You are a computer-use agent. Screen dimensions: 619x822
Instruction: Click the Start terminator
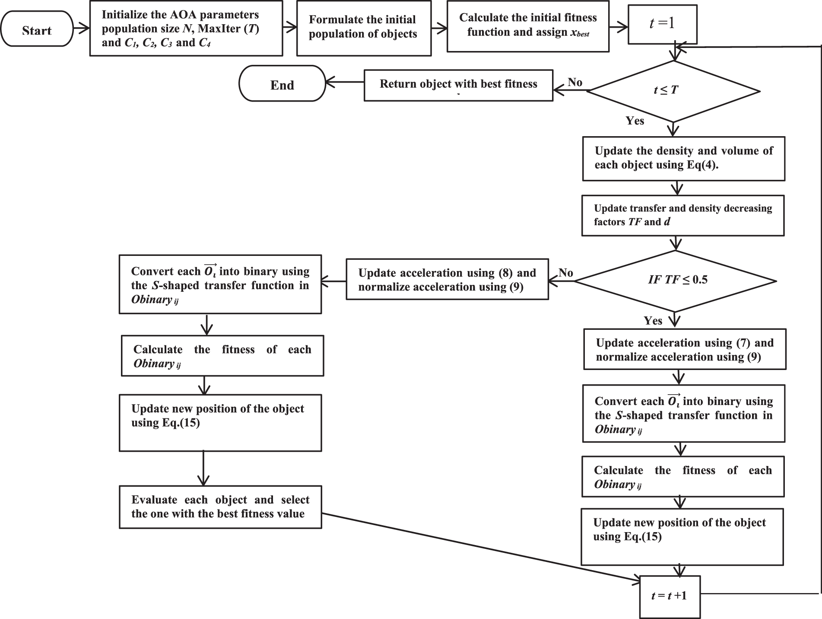coord(37,29)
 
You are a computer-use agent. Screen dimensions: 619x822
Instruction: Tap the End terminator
coord(282,84)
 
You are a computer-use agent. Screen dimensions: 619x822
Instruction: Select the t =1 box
coord(662,24)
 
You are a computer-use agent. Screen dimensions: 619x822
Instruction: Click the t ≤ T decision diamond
coord(673,91)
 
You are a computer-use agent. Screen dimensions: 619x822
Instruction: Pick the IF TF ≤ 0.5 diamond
coord(676,281)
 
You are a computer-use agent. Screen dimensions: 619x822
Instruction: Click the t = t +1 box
coord(670,597)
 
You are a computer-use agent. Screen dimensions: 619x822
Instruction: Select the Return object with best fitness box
coord(458,85)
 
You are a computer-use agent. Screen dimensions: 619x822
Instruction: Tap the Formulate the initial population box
coord(364,28)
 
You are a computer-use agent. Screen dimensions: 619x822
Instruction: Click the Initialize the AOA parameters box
coord(186,29)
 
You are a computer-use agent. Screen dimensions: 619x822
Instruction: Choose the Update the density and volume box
coord(683,159)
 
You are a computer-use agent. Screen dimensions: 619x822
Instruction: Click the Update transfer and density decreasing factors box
coord(682,215)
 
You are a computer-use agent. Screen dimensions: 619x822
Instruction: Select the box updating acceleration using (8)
coord(447,279)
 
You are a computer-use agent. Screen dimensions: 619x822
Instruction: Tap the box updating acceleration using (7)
coord(685,349)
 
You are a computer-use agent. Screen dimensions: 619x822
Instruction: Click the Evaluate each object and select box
coord(220,507)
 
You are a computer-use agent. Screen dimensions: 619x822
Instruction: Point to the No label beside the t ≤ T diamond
coord(575,82)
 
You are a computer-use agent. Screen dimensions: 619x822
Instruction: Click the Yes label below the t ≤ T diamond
coord(635,121)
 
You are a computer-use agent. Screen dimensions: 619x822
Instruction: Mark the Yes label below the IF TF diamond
coord(653,321)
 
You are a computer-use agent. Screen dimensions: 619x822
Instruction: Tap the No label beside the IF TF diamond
coord(565,273)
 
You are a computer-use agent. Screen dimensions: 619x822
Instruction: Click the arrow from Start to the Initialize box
coord(81,29)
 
